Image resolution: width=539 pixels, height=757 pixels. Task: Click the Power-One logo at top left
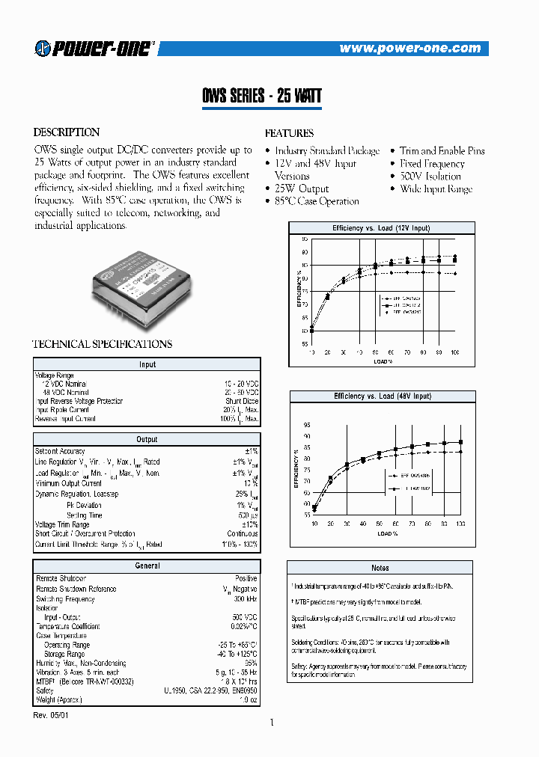(94, 49)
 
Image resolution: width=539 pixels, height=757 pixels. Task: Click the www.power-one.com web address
(409, 49)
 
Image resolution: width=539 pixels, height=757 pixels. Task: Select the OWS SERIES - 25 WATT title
(262, 96)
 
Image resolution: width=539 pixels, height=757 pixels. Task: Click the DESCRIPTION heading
(67, 132)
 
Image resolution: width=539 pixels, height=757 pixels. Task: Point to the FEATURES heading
(289, 133)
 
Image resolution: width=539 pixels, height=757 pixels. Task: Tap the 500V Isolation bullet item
(430, 177)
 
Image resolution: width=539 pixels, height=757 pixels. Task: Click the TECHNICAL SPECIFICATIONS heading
(103, 344)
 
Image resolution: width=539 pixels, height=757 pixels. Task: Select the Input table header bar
(147, 365)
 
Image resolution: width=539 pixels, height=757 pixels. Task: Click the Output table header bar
(147, 440)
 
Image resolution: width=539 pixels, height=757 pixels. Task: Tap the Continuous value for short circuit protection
(242, 534)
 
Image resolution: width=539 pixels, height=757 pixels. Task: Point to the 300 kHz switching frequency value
(245, 599)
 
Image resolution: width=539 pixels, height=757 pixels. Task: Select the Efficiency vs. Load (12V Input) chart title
(381, 227)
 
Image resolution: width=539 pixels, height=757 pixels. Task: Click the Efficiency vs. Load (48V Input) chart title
(382, 396)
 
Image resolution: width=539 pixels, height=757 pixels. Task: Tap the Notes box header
(380, 568)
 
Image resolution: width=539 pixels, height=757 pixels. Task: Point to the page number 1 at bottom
(272, 723)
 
